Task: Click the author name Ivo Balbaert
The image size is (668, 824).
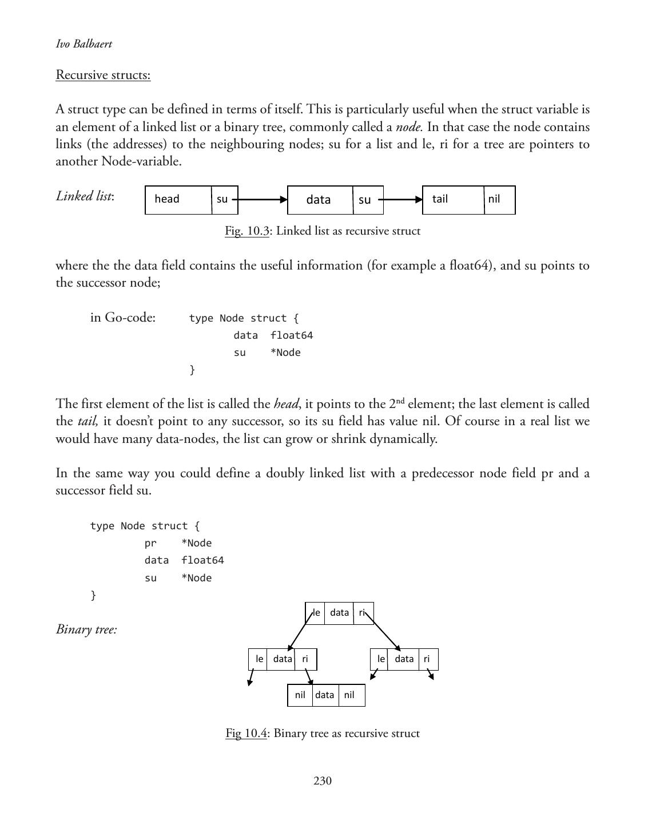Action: (x=84, y=44)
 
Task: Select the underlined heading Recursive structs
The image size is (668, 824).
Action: (x=103, y=75)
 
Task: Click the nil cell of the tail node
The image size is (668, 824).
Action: (x=499, y=199)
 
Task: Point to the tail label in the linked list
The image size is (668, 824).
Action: (x=440, y=199)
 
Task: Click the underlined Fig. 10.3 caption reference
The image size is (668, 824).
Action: (x=247, y=231)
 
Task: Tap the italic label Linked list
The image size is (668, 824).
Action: (x=85, y=196)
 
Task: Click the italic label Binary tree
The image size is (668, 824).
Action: (x=86, y=629)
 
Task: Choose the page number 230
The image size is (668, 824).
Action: (x=323, y=781)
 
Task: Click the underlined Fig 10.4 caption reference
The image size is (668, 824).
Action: (x=246, y=734)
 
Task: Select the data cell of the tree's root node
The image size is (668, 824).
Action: (x=339, y=613)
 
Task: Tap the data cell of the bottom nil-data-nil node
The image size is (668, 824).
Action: (x=325, y=695)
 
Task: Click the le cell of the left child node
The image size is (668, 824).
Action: (x=259, y=659)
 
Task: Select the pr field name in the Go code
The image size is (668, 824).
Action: (x=150, y=543)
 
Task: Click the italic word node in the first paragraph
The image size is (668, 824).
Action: (x=408, y=127)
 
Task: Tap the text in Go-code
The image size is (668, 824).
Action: (x=123, y=318)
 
